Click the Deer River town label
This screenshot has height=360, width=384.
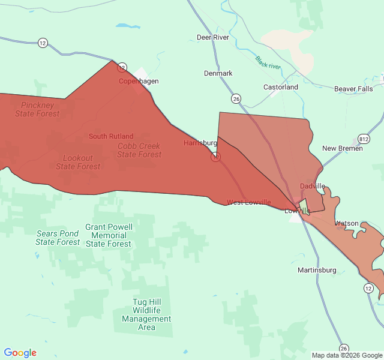[213, 37]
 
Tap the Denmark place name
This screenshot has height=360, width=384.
[218, 73]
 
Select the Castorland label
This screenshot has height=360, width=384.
[281, 87]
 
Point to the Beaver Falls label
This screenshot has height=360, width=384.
[353, 89]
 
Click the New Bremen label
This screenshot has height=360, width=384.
[342, 148]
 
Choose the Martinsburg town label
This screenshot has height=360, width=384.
[317, 270]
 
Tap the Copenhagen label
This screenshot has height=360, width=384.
[138, 81]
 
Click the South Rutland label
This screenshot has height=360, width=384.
[111, 136]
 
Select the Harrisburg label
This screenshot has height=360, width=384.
[200, 143]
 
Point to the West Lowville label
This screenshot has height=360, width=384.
[248, 202]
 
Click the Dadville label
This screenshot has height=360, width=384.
[312, 186]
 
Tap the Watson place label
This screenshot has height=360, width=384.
[346, 223]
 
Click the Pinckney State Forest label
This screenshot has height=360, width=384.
[37, 109]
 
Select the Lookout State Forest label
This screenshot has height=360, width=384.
[78, 162]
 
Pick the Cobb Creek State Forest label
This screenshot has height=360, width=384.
[139, 150]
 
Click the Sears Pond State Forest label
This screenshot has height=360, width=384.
[58, 238]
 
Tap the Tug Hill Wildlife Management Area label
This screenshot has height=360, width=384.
[146, 315]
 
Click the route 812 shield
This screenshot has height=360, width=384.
[364, 139]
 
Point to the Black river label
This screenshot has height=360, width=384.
[268, 62]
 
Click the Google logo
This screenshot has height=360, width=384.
[20, 353]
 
